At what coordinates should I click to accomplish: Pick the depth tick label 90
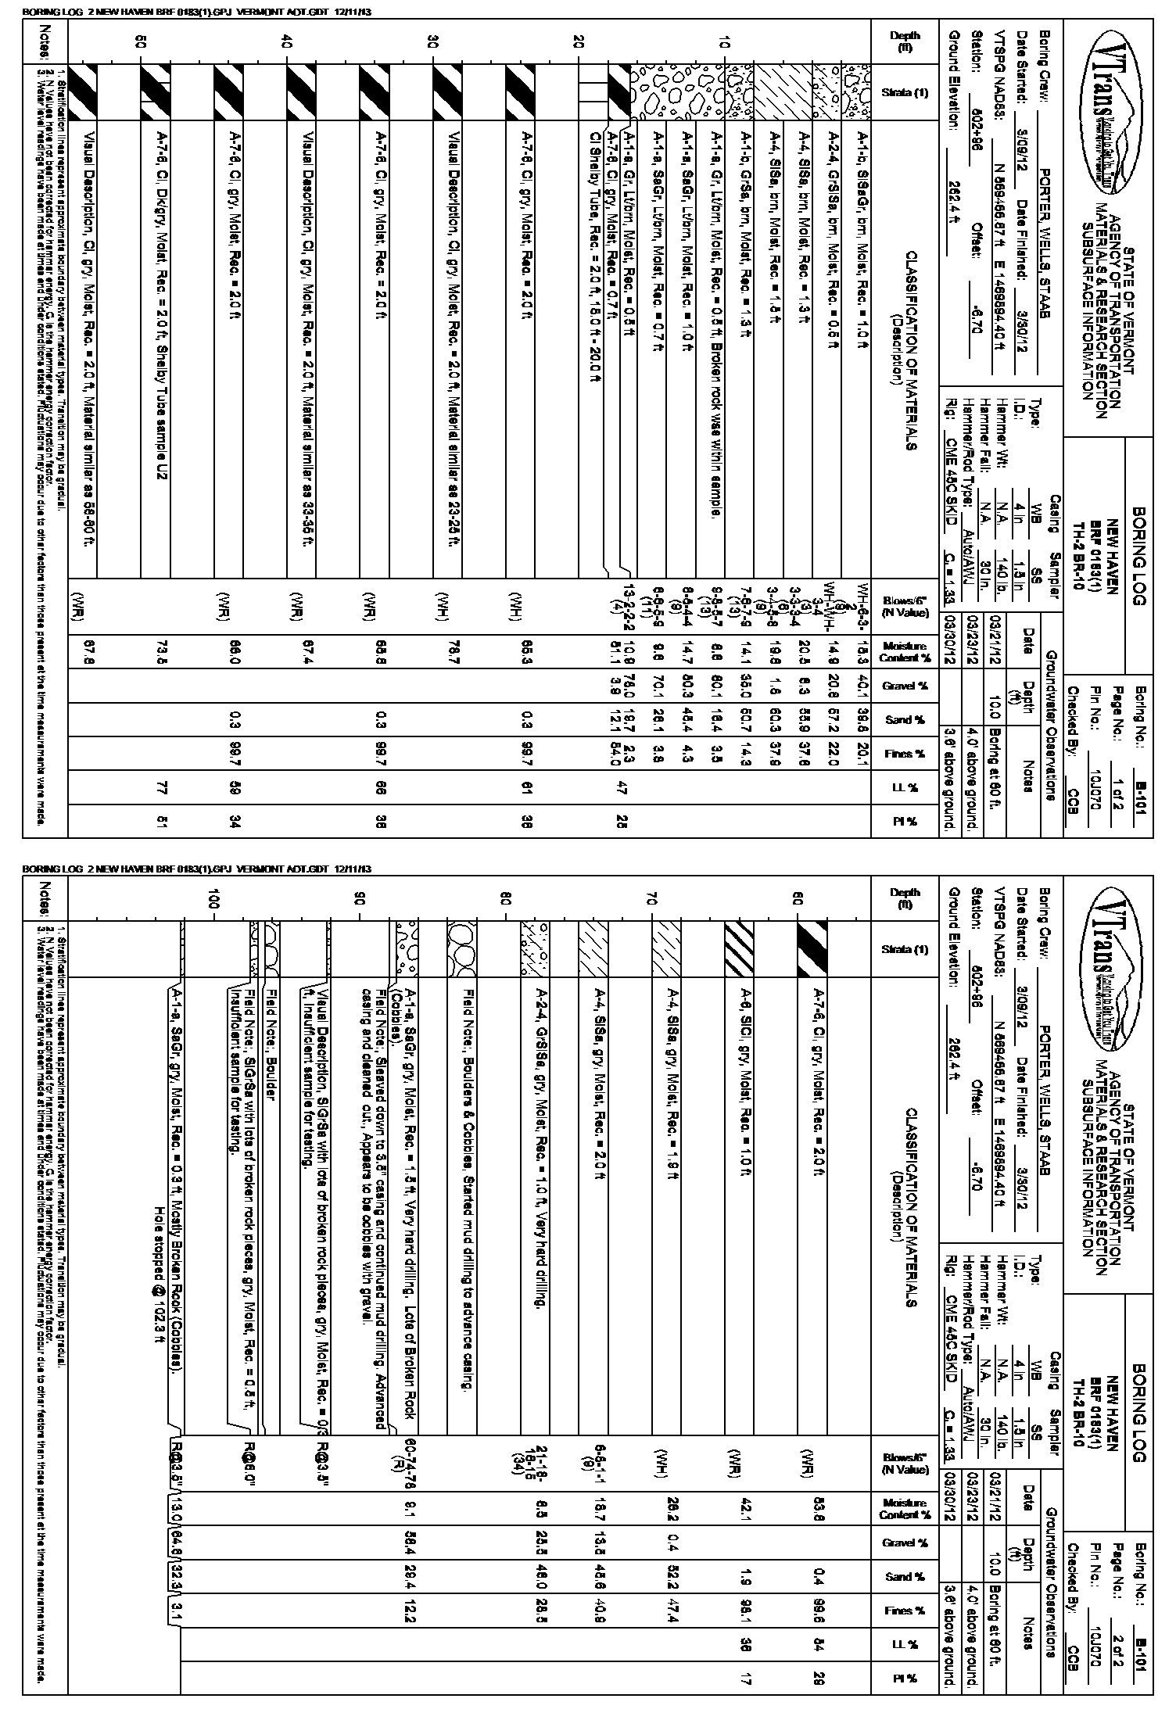coord(360,901)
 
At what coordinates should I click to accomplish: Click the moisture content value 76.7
coord(454,653)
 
